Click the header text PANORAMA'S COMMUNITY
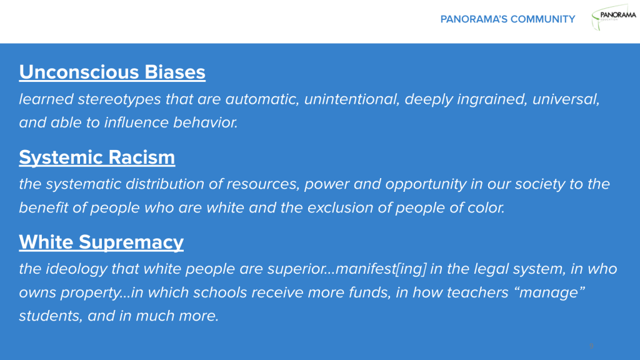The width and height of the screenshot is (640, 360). (x=507, y=19)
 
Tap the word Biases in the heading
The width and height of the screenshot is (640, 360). (x=175, y=72)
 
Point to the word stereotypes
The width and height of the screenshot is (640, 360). (x=119, y=99)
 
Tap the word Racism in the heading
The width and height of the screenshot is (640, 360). (x=142, y=157)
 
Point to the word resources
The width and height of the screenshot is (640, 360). (x=263, y=184)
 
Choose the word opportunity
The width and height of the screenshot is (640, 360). (x=426, y=184)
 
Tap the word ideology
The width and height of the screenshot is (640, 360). (x=76, y=269)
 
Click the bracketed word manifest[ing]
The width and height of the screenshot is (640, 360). (x=381, y=269)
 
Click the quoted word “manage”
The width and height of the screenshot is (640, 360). (x=551, y=292)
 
